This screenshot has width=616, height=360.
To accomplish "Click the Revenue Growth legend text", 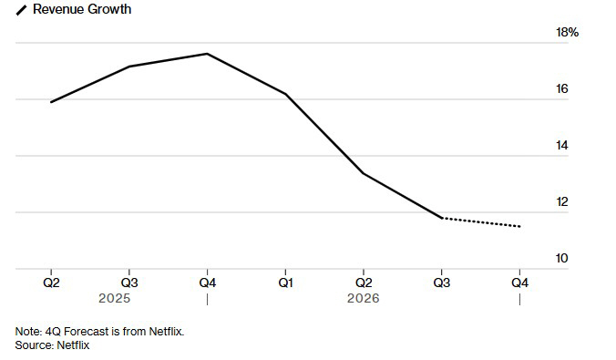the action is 82,9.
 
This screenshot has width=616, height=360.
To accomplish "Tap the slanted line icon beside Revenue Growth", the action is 21,10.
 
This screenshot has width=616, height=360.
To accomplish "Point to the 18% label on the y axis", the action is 568,32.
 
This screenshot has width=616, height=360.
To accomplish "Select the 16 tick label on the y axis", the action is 562,88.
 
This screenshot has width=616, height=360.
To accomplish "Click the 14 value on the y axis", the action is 562,146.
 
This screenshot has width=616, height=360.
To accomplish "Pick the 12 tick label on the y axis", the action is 562,201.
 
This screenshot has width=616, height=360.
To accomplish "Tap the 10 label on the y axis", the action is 562,258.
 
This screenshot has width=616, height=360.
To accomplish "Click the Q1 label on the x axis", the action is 285,283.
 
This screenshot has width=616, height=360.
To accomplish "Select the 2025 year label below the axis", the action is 114,298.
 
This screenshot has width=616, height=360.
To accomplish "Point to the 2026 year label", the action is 364,298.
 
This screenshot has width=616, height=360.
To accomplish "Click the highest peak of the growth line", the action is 208,54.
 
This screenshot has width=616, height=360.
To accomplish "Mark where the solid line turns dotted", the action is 442,218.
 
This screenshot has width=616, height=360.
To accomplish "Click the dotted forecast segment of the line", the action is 481,222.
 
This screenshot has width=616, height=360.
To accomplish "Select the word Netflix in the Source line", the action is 73,345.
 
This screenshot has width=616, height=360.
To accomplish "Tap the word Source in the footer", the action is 35,345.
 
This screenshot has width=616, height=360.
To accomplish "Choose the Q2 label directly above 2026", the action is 364,283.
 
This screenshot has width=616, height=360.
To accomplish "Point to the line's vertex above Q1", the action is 285,94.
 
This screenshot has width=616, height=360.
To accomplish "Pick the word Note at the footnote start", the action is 28,332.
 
